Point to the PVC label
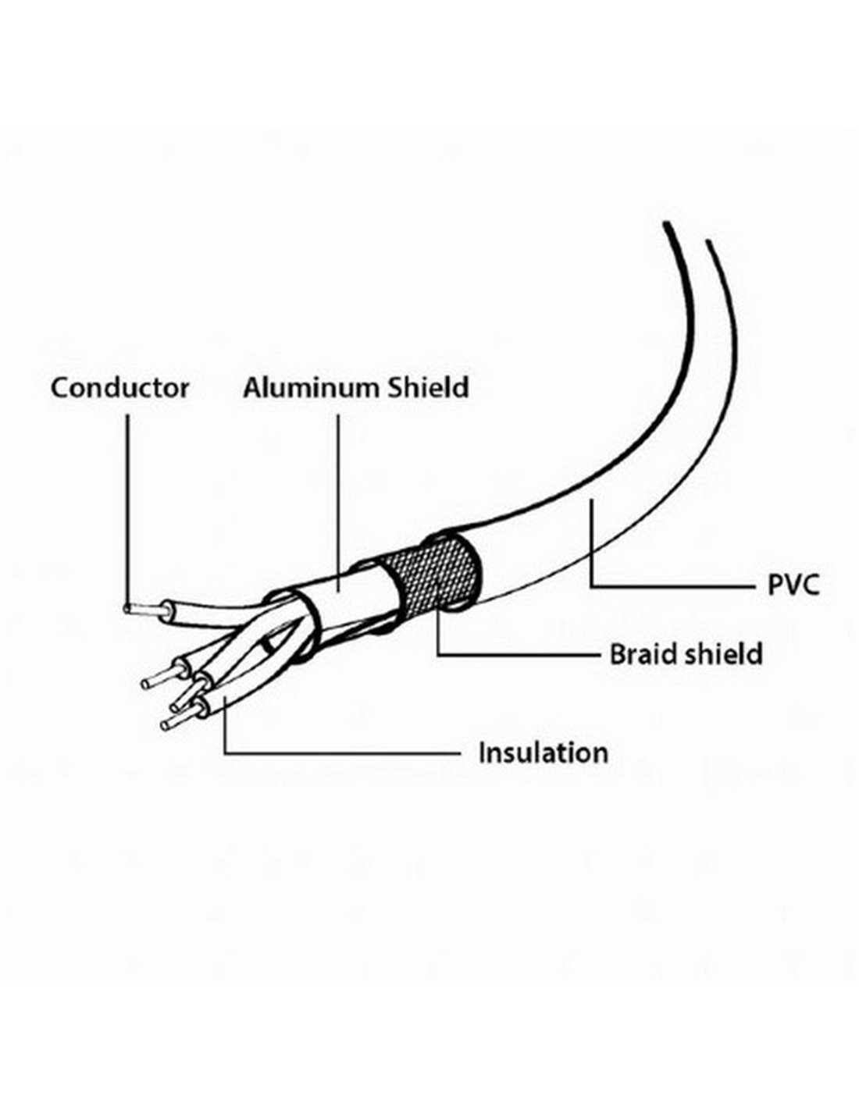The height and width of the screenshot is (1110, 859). [793, 585]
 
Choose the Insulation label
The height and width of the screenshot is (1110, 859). [544, 753]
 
